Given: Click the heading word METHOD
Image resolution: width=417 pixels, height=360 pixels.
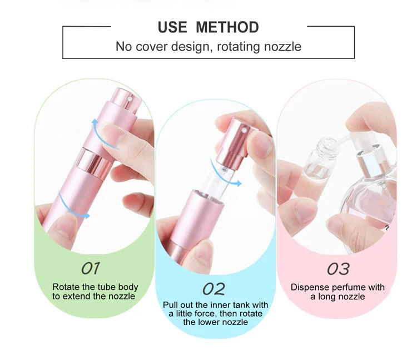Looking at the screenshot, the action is click(227, 27).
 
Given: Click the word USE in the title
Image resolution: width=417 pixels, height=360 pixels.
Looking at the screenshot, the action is click(172, 27).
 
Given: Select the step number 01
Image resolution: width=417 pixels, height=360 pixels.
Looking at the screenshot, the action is click(91, 268).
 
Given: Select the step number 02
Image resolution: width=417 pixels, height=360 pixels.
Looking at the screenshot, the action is click(214, 289).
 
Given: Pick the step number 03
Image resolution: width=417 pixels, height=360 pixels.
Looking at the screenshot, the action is click(338, 269).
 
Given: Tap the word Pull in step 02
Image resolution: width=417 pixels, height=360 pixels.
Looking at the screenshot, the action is click(170, 305).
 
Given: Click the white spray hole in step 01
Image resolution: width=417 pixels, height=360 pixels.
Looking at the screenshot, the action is click(130, 99).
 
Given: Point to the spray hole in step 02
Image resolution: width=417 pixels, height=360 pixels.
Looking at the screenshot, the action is click(244, 130).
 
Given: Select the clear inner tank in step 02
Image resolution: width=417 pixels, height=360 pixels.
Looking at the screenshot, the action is click(218, 180).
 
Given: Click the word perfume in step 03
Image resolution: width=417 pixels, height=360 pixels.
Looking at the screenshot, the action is click(345, 288).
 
